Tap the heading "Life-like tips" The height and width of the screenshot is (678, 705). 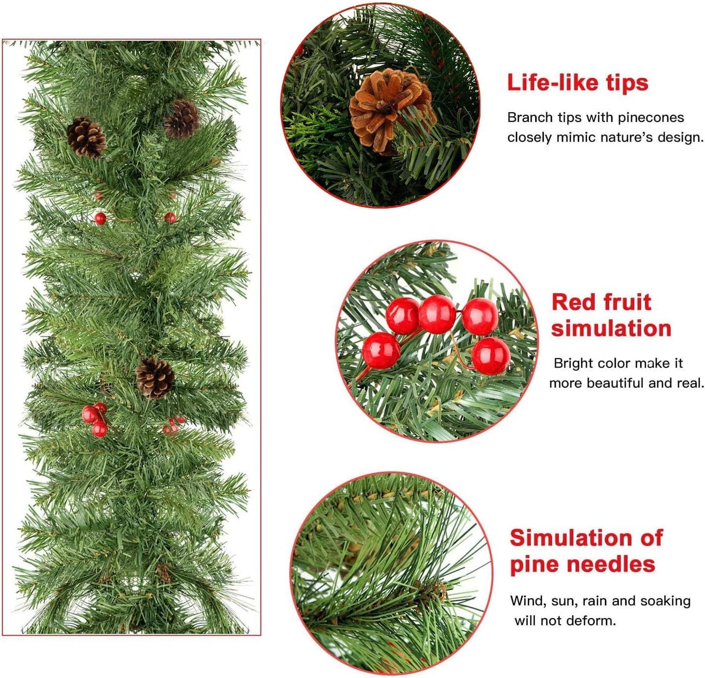[x=578, y=82]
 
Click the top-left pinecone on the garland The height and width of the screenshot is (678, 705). [x=86, y=137]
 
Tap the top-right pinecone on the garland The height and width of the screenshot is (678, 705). [x=181, y=119]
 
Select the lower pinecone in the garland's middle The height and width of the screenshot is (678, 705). [x=155, y=377]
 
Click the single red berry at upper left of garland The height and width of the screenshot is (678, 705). [x=100, y=219]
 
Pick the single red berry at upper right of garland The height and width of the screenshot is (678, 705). [x=170, y=218]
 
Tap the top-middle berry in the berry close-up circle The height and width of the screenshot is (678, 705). [x=437, y=314]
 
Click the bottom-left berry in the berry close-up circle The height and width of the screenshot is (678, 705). [x=382, y=351]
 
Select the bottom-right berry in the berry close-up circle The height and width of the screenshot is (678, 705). [x=491, y=356]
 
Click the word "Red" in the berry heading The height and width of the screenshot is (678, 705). [x=571, y=302]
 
